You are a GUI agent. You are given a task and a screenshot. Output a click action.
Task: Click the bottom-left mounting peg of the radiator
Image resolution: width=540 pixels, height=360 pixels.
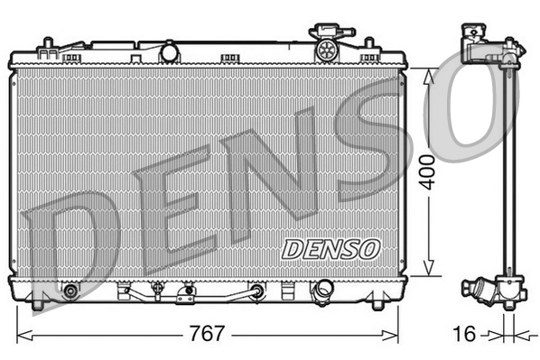pyautogui.click(x=38, y=304)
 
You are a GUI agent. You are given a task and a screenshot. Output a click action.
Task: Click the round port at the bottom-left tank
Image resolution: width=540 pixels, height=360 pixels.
pyautogui.click(x=70, y=291)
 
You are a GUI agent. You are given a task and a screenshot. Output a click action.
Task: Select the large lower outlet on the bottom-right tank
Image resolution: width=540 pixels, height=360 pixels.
pyautogui.click(x=321, y=291)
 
